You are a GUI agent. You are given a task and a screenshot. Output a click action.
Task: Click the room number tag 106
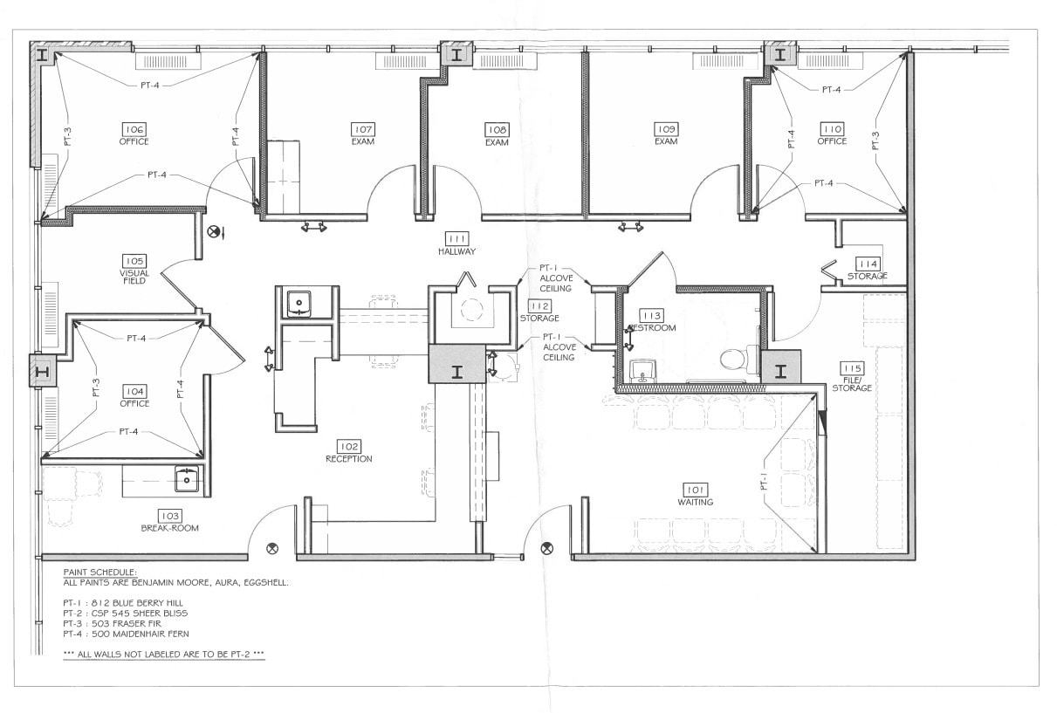click(x=134, y=129)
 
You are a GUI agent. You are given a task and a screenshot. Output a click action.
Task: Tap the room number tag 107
click(x=362, y=129)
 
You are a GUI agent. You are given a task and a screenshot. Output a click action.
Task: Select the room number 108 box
click(x=497, y=129)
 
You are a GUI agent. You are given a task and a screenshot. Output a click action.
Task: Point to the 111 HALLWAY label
click(x=456, y=243)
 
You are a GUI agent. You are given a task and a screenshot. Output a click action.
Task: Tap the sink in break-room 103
click(x=185, y=478)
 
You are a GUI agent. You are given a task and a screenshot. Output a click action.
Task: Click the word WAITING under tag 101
click(x=695, y=502)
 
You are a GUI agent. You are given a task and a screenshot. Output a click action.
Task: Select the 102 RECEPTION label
click(x=348, y=452)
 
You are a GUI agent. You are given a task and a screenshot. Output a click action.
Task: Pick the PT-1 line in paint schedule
click(x=122, y=603)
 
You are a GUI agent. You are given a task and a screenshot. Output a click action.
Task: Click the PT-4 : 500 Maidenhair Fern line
click(x=126, y=634)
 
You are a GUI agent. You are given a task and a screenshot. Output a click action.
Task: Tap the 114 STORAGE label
click(x=867, y=270)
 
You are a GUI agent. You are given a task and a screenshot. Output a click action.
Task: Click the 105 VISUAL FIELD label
click(x=134, y=270)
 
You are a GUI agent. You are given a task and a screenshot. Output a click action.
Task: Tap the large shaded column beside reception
click(x=456, y=362)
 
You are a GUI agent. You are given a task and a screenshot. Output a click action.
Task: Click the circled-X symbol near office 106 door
click(x=214, y=232)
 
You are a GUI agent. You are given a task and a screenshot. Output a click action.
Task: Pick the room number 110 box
click(x=831, y=129)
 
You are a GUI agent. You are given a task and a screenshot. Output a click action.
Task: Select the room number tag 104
click(x=134, y=391)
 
